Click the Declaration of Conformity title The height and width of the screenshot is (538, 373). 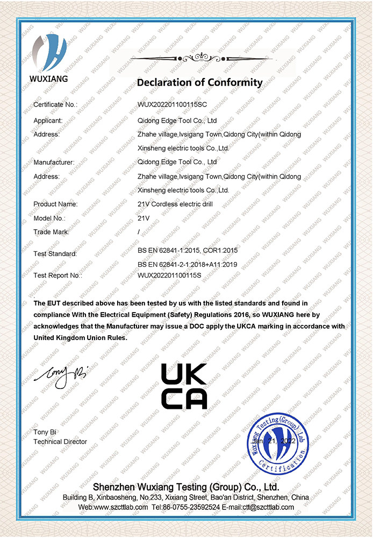click(x=199, y=82)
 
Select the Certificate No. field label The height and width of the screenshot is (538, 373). click(x=55, y=104)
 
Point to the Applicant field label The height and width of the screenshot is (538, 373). click(x=48, y=121)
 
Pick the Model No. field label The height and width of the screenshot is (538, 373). click(x=49, y=218)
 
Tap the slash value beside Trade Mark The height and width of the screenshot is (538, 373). click(x=139, y=232)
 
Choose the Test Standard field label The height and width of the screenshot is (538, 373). click(x=55, y=253)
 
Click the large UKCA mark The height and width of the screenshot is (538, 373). click(x=184, y=386)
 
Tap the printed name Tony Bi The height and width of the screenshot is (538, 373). click(x=45, y=432)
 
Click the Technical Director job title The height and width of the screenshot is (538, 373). click(x=60, y=442)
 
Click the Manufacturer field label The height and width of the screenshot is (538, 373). click(x=54, y=162)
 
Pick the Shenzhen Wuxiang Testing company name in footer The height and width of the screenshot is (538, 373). click(x=185, y=487)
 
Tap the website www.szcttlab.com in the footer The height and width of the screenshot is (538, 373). click(x=113, y=507)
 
